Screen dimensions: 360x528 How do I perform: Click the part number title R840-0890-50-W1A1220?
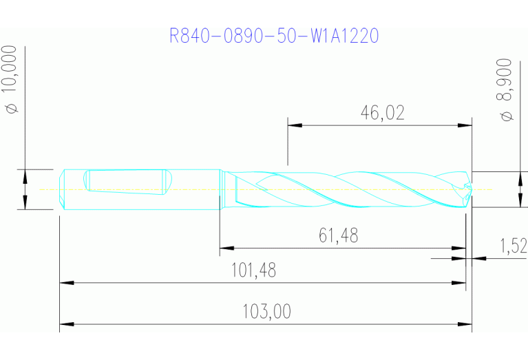point(274,36)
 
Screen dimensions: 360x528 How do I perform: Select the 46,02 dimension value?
point(382,113)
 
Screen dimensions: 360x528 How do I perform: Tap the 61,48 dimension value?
point(338,236)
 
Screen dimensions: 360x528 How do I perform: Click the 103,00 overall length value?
point(266,312)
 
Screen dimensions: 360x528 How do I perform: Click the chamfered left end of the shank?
point(62,189)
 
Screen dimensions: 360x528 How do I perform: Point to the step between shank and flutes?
point(220,189)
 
